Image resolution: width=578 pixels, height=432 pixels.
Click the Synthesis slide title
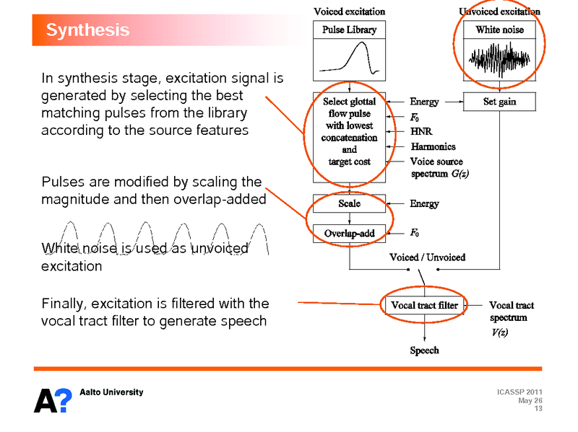pyautogui.click(x=87, y=30)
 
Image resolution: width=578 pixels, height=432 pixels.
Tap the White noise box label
pyautogui.click(x=499, y=30)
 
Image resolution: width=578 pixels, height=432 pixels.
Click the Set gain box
pyautogui.click(x=499, y=102)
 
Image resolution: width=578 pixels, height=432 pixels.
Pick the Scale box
pyautogui.click(x=349, y=203)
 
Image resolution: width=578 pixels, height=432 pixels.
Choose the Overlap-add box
pyautogui.click(x=349, y=233)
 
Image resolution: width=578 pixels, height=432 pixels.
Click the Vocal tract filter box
pyautogui.click(x=424, y=305)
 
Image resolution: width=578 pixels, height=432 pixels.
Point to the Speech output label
pyautogui.click(x=424, y=351)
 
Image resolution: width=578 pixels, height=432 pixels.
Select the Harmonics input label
pyautogui.click(x=433, y=147)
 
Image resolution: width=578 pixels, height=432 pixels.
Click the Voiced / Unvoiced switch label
pyautogui.click(x=427, y=257)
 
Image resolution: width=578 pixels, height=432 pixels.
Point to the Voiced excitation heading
pyautogui.click(x=349, y=12)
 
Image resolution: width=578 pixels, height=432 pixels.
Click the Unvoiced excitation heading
pyautogui.click(x=499, y=12)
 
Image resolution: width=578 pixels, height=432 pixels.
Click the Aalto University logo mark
pyautogui.click(x=53, y=400)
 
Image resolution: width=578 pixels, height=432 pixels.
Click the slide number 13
pyautogui.click(x=538, y=409)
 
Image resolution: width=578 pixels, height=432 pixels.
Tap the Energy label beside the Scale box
pyautogui.click(x=424, y=204)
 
